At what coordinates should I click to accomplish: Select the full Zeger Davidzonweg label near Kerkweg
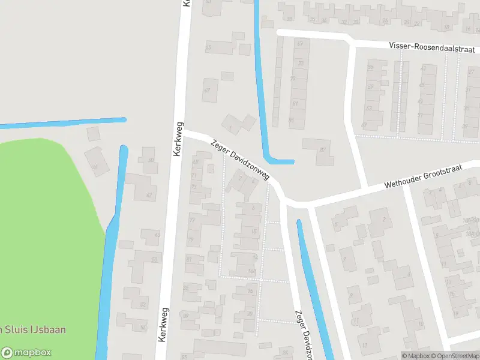pos(241,161)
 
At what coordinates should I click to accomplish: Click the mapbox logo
pos(26,353)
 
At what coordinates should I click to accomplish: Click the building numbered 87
pos(318,150)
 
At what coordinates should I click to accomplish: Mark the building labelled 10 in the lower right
pos(420,324)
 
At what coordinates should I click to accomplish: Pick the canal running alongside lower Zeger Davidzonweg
pos(314,288)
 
